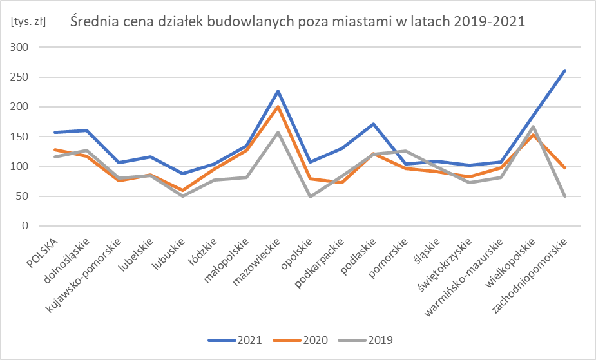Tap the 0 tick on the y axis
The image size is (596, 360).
26,226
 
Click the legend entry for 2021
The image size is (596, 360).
235,340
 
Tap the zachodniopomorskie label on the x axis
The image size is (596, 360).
530,277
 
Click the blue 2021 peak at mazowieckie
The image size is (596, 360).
278,91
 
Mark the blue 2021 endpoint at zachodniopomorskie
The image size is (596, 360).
565,71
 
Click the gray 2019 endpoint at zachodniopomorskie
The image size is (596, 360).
565,196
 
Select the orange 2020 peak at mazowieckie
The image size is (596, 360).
278,107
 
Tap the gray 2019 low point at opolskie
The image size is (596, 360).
310,196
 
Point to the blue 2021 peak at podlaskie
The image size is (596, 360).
374,124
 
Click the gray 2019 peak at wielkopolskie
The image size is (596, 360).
534,127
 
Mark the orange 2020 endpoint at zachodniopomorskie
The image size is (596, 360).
565,168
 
